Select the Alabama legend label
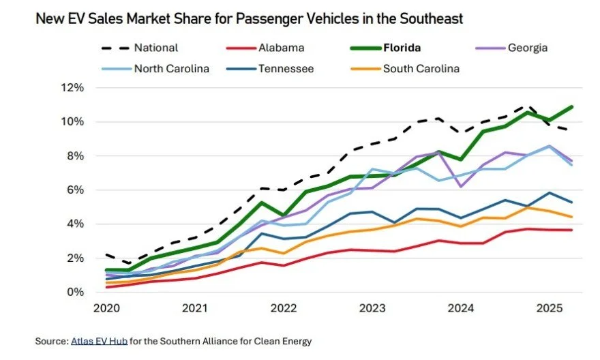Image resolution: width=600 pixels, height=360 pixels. [x=280, y=48]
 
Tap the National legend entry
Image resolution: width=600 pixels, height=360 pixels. [x=156, y=48]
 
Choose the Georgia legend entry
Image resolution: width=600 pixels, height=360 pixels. [x=527, y=48]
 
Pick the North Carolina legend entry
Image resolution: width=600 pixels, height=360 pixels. [x=170, y=68]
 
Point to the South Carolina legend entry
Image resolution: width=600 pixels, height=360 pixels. [x=421, y=68]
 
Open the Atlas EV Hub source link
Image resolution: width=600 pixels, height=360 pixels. [x=98, y=340]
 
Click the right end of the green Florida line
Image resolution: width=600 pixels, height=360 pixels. [x=571, y=106]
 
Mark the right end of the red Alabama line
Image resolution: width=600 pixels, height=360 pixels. [x=571, y=230]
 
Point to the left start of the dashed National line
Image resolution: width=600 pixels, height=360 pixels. [x=106, y=255]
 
